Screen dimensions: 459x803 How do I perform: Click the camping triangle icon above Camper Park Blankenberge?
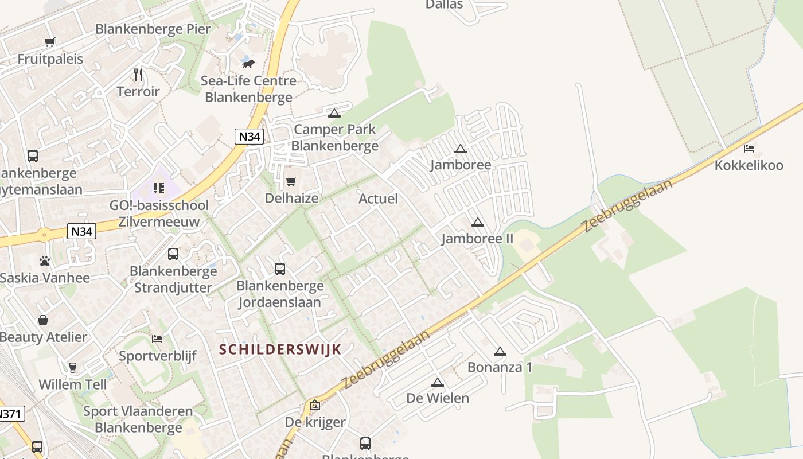coord(334,113)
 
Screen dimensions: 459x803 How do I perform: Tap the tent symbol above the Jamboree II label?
coord(477,223)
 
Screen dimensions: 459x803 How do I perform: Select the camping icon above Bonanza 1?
coord(500,351)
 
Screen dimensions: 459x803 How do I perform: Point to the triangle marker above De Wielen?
coord(438,383)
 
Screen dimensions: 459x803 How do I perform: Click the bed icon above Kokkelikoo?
coord(749,149)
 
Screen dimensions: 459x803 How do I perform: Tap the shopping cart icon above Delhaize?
coord(291,182)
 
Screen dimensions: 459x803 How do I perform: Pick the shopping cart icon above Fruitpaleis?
coord(50,42)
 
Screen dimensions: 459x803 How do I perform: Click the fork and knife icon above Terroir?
coord(138,75)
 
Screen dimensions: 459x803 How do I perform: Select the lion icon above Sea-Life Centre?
coord(248,64)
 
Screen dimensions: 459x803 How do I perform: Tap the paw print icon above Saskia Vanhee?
coord(45,261)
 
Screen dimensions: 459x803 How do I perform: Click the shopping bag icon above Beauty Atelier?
coord(43,320)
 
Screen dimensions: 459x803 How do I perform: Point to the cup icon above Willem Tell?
coord(73,367)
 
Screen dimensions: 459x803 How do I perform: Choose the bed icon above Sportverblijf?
coord(157,339)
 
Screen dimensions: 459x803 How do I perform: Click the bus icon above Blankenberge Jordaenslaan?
coord(280,269)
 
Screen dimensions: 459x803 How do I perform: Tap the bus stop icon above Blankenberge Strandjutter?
coord(173,254)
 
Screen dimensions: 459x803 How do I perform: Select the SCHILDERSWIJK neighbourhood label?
coord(280,349)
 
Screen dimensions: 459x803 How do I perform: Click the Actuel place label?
coord(378,199)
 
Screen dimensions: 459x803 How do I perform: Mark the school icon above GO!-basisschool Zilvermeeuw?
coord(159,188)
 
